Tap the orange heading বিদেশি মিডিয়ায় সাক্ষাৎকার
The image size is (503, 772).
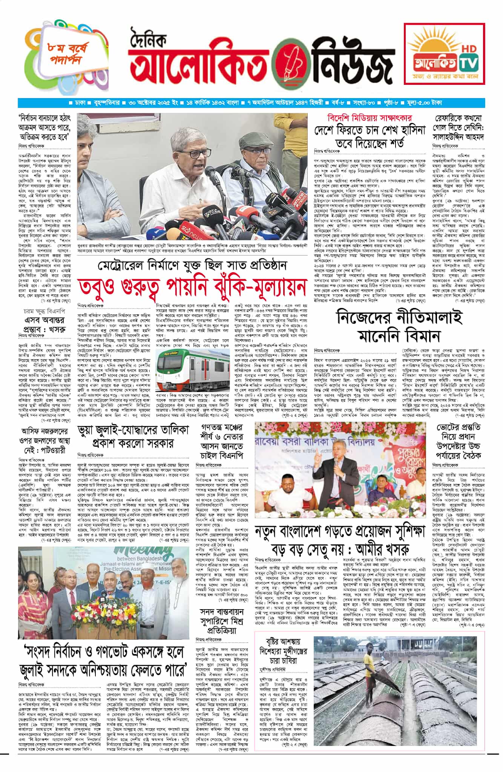(370, 118)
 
